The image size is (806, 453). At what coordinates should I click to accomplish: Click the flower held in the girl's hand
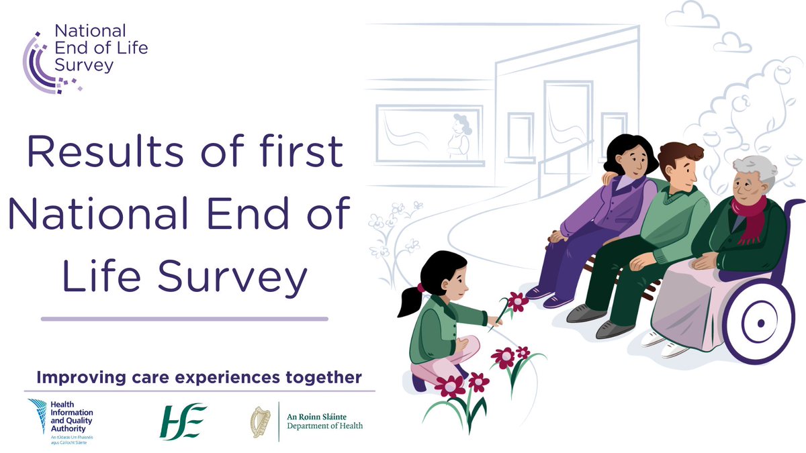(x=516, y=301)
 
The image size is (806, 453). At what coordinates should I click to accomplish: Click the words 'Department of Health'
(x=325, y=427)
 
